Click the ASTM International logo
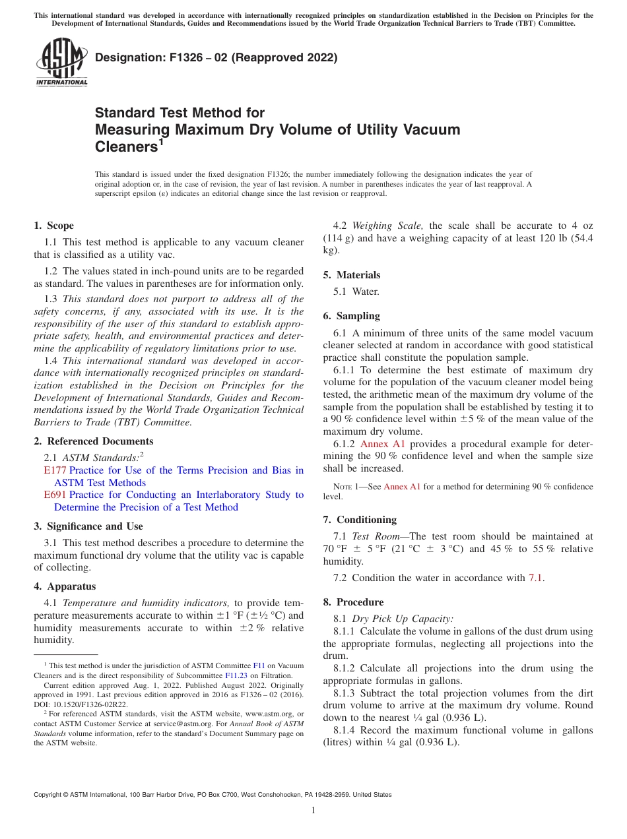pyautogui.click(x=61, y=63)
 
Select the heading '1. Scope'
pyautogui.click(x=54, y=226)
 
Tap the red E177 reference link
pyautogui.click(x=55, y=470)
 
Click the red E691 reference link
pyautogui.click(x=55, y=495)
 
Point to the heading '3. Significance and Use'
pyautogui.click(x=88, y=526)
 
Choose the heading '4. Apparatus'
pyautogui.click(x=65, y=586)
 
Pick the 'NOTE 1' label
pyautogui.click(x=347, y=487)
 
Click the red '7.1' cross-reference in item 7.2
pyautogui.click(x=536, y=578)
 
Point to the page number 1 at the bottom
pyautogui.click(x=313, y=811)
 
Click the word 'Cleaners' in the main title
pyautogui.click(x=125, y=148)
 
